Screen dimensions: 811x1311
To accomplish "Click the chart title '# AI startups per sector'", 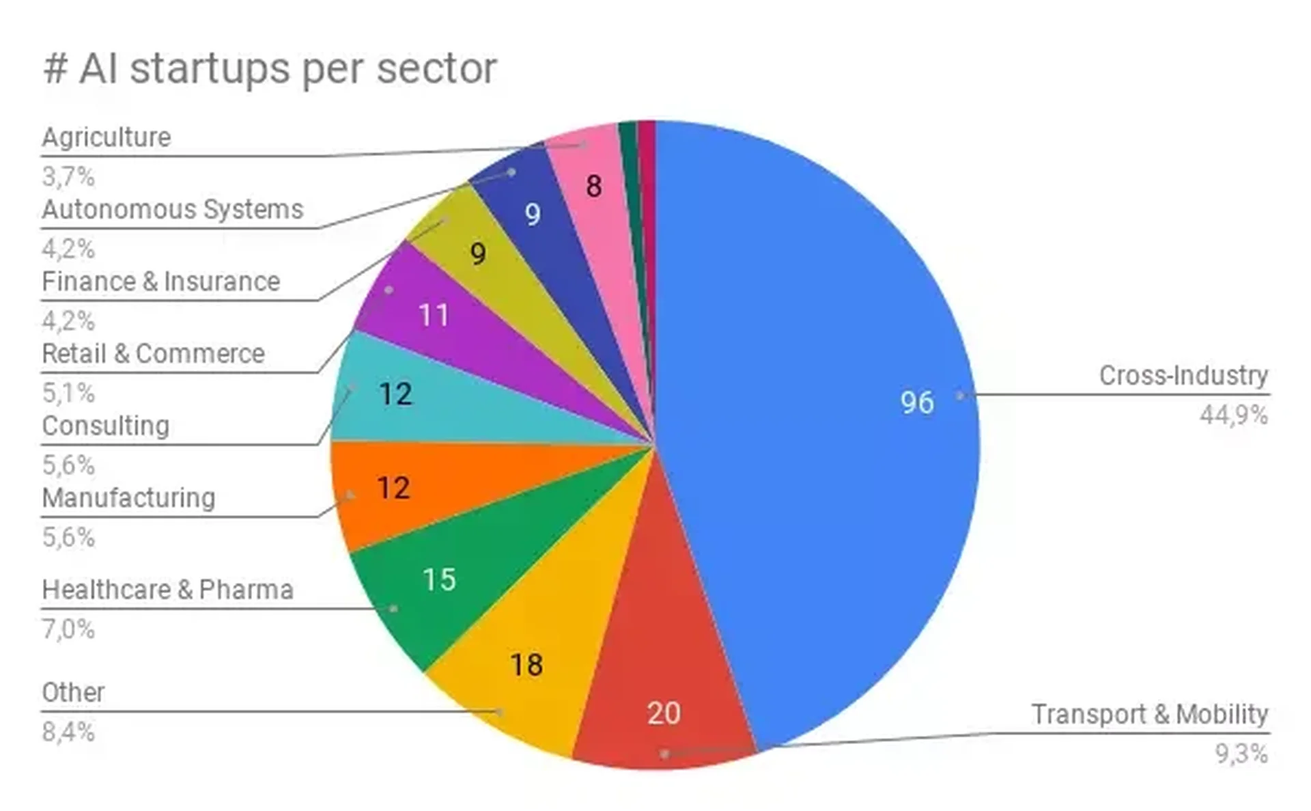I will coord(270,69).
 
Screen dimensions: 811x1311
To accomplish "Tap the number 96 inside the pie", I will coord(916,402).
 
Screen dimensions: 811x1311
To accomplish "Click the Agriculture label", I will coord(107,137).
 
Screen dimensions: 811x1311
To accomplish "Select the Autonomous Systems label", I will coord(172,209).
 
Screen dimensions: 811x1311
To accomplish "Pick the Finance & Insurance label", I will coord(160,281).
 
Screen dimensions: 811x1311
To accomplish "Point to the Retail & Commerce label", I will coord(153,354).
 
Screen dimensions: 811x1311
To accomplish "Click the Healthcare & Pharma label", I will coord(167,590).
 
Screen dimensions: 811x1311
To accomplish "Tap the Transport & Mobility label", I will coord(1149,714).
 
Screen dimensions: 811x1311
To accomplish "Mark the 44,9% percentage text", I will coord(1233,415).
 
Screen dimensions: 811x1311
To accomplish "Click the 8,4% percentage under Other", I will coord(68,732).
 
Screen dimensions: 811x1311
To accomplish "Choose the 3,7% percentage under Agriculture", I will coord(68,177).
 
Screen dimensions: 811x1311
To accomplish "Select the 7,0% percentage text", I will coord(68,629).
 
